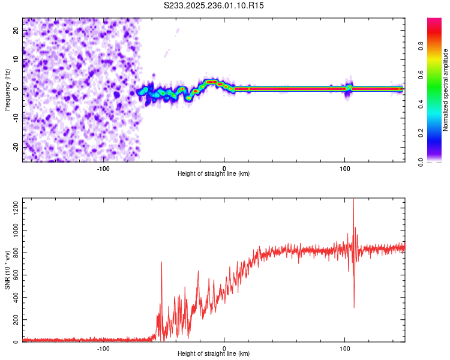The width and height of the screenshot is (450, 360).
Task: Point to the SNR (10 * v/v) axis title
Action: point(7,270)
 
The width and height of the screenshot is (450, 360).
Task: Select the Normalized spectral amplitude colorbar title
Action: point(446,90)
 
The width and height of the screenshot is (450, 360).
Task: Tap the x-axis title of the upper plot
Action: point(214,173)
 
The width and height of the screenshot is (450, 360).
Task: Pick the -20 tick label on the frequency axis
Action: point(16,147)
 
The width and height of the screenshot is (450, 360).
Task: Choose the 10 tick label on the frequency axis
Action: point(16,59)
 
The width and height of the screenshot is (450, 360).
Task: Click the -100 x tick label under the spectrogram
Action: point(103,168)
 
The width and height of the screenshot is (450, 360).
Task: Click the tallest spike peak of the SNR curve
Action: point(353,200)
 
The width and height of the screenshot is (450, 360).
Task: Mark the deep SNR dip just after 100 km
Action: point(354,308)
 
